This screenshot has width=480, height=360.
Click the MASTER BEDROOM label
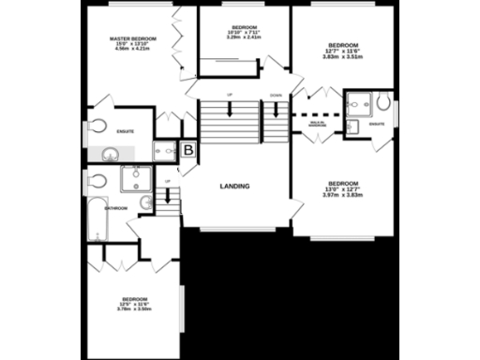(132, 38)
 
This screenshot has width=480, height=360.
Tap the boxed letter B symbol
(187, 149)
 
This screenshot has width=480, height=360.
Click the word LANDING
(234, 187)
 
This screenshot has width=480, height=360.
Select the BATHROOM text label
(116, 207)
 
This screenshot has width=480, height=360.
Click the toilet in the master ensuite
(97, 127)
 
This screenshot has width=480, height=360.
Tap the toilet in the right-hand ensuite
(382, 103)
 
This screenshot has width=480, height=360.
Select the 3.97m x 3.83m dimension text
(343, 195)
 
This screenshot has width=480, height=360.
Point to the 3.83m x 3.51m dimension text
(343, 56)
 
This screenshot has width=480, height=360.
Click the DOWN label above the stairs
(275, 96)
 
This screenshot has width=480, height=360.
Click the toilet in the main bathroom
(97, 180)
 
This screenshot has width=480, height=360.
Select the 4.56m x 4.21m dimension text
(132, 50)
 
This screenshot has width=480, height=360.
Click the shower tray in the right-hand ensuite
(355, 103)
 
